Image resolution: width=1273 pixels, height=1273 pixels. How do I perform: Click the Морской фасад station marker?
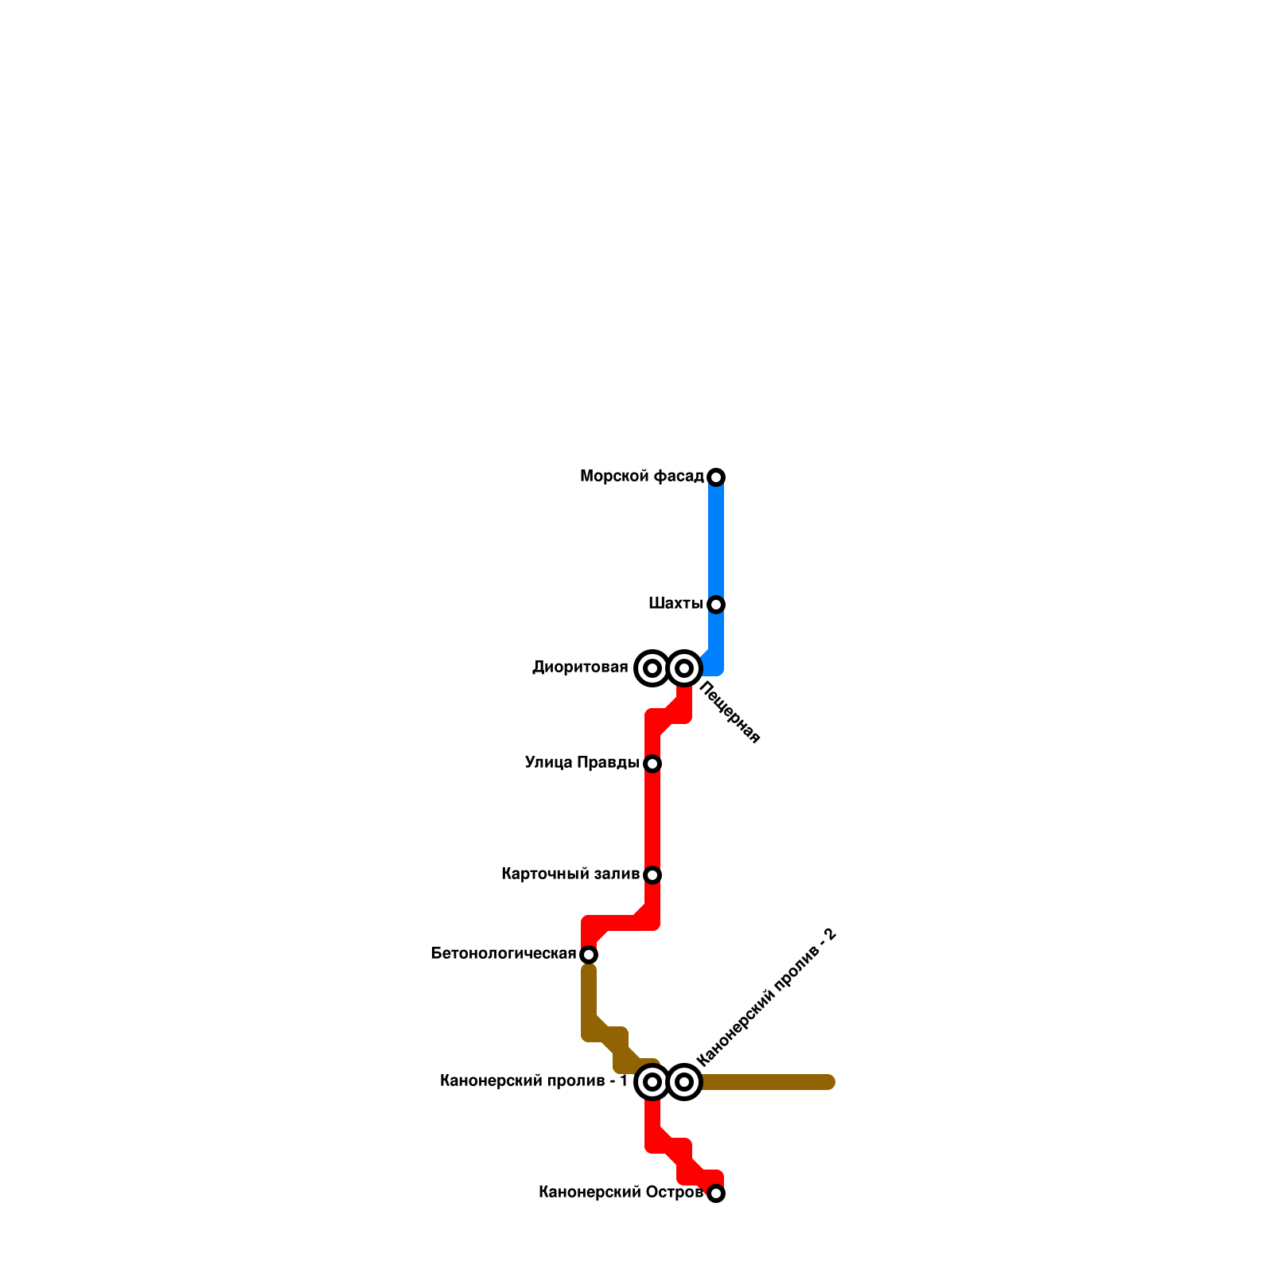tap(716, 477)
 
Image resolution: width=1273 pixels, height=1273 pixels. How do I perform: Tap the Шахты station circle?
tap(716, 605)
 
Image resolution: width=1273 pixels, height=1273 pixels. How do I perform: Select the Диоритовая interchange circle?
tap(652, 668)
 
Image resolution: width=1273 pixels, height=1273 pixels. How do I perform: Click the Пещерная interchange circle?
tap(684, 668)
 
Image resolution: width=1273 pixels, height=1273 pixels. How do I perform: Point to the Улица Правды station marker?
tap(652, 764)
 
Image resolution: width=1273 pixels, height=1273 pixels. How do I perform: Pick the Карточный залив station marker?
tap(652, 875)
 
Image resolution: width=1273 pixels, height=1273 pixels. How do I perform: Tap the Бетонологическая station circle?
tap(589, 955)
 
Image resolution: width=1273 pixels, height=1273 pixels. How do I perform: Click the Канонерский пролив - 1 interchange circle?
tap(652, 1082)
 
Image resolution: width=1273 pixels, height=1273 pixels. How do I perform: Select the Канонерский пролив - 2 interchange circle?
tap(684, 1082)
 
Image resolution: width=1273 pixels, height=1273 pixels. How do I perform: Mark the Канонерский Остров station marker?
tap(716, 1193)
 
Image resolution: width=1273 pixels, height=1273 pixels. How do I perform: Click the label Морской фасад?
tap(641, 477)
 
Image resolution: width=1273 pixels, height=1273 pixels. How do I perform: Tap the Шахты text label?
tap(675, 604)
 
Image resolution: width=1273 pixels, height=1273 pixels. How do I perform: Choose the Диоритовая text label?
tap(580, 668)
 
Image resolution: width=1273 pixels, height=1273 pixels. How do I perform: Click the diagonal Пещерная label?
tap(730, 714)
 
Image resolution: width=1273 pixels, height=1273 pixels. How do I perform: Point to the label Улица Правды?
tap(582, 763)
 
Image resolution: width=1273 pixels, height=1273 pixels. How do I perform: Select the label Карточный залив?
tap(570, 874)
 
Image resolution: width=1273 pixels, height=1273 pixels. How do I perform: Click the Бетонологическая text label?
tap(503, 953)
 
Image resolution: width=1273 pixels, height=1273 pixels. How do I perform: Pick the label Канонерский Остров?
tap(621, 1192)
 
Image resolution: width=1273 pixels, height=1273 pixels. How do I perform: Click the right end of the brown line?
tap(828, 1082)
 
